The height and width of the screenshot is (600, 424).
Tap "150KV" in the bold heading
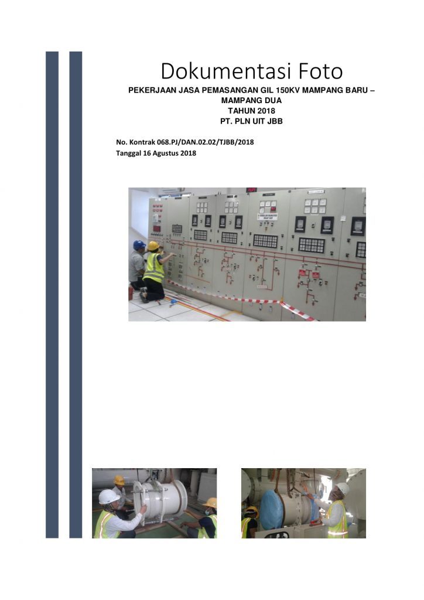tap(288, 90)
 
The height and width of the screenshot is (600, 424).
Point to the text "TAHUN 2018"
tap(252, 111)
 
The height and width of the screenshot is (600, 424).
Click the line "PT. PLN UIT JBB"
tap(252, 121)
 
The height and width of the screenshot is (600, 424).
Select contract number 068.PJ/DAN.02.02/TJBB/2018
tap(206, 142)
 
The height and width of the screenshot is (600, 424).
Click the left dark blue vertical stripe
tap(52, 295)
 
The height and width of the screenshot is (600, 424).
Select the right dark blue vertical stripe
tap(76, 295)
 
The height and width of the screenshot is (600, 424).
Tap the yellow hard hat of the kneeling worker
tap(153, 246)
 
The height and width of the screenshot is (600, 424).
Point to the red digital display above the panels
tap(251, 190)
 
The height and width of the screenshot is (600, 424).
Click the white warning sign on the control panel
tap(267, 217)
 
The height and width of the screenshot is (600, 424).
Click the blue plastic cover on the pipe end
tap(272, 509)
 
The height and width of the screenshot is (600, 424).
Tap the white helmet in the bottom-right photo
tap(343, 488)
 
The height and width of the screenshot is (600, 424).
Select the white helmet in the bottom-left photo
tap(108, 496)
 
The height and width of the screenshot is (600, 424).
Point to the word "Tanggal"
tap(129, 154)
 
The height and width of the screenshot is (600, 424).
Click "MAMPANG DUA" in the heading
tap(252, 101)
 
